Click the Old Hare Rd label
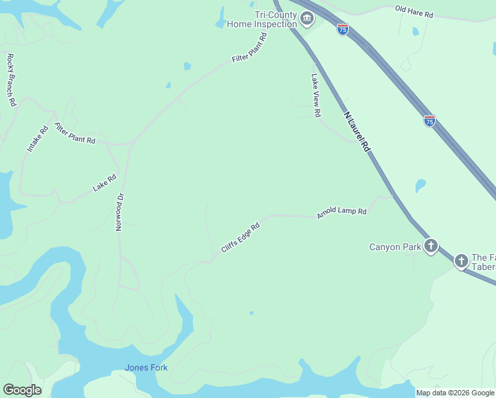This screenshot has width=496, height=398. pyautogui.click(x=414, y=11)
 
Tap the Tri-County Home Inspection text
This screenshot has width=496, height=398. pyautogui.click(x=261, y=19)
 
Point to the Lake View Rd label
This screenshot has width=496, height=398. pyautogui.click(x=316, y=95)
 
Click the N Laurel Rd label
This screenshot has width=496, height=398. pyautogui.click(x=356, y=132)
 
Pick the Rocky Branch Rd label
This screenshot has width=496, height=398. pyautogui.click(x=11, y=80)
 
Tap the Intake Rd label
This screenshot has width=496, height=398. pyautogui.click(x=38, y=139)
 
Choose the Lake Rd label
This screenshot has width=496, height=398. pyautogui.click(x=105, y=182)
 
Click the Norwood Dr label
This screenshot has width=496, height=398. pyautogui.click(x=120, y=211)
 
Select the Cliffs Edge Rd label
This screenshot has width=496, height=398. pyautogui.click(x=239, y=237)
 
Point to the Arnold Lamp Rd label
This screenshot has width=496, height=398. pyautogui.click(x=341, y=212)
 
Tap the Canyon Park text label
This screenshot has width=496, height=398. pyautogui.click(x=395, y=247)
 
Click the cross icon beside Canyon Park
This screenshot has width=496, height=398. pyautogui.click(x=431, y=247)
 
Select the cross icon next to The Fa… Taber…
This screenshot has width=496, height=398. pyautogui.click(x=461, y=261)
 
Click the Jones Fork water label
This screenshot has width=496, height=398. pyautogui.click(x=146, y=367)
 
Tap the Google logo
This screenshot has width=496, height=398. pyautogui.click(x=22, y=390)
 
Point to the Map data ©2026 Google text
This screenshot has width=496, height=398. pyautogui.click(x=455, y=393)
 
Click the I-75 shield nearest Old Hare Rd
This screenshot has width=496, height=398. pyautogui.click(x=342, y=30)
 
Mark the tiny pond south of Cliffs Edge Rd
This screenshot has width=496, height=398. pyautogui.click(x=251, y=312)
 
